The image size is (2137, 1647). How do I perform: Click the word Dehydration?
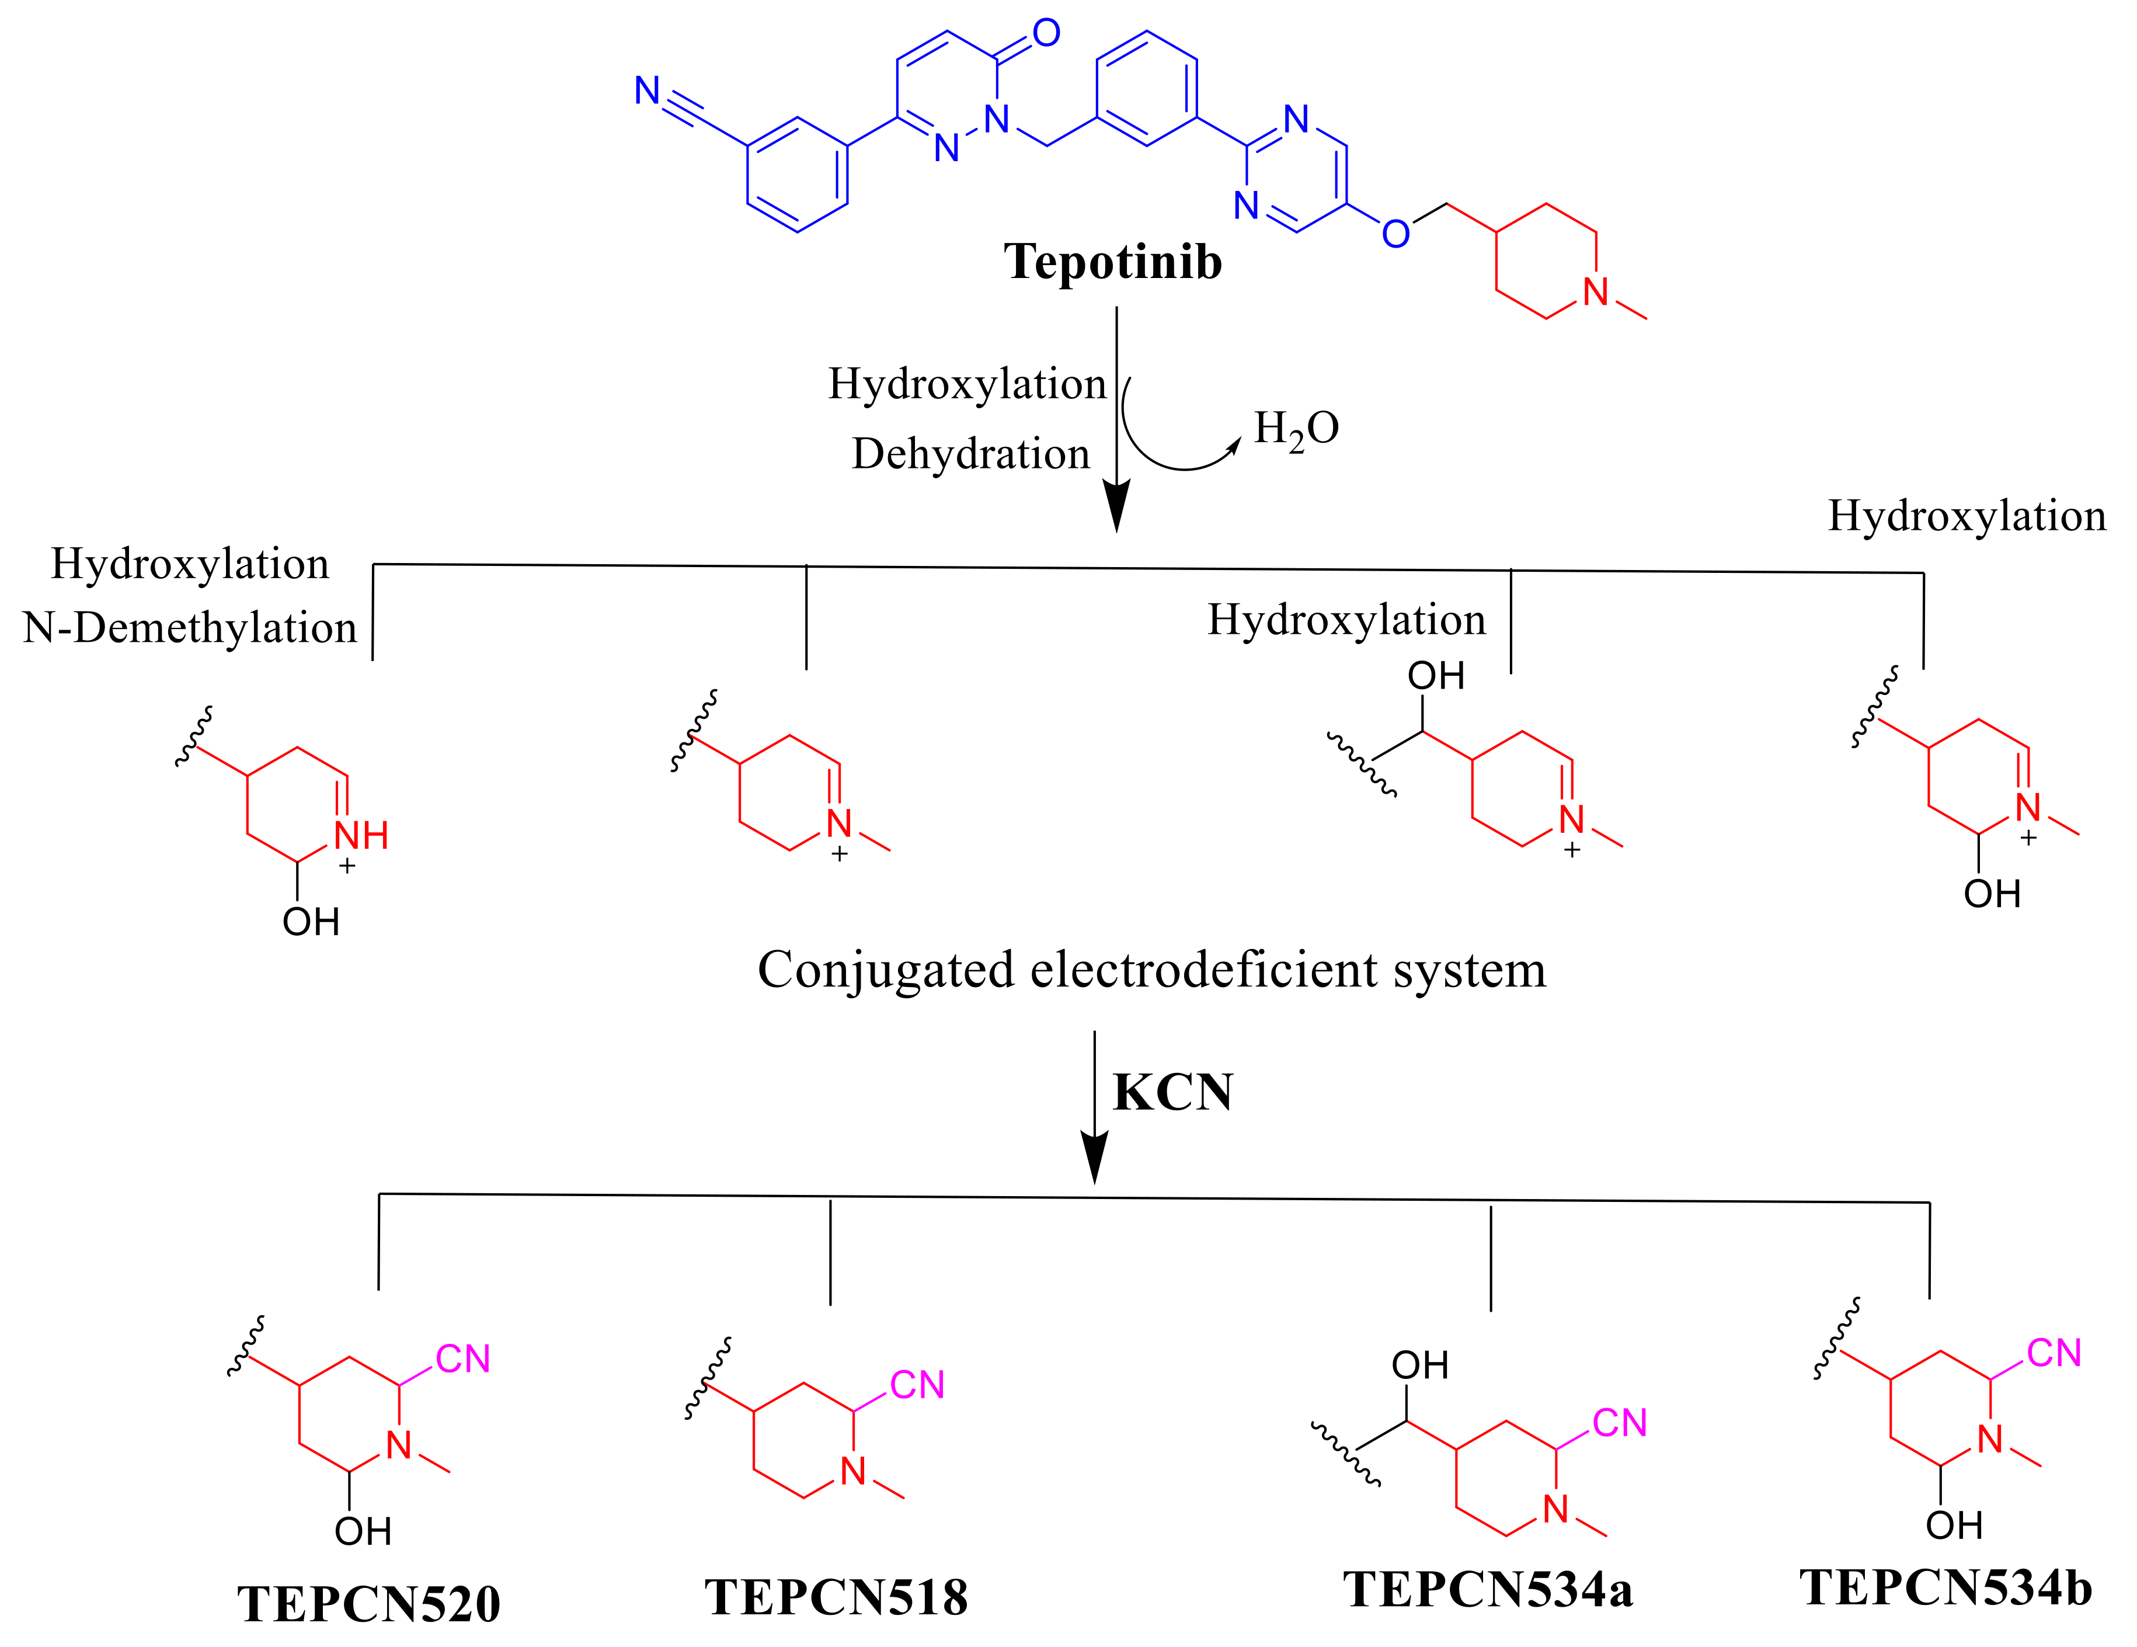(x=970, y=454)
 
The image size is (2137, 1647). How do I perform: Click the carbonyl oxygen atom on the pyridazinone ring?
(x=1046, y=33)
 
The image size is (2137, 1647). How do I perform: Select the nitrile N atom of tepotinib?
(x=647, y=91)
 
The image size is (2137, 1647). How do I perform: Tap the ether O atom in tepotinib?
(x=1395, y=234)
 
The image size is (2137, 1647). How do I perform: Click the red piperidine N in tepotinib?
(x=1596, y=291)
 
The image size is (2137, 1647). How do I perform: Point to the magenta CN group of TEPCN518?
(x=917, y=1385)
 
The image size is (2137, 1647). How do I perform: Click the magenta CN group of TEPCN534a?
(x=1619, y=1423)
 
